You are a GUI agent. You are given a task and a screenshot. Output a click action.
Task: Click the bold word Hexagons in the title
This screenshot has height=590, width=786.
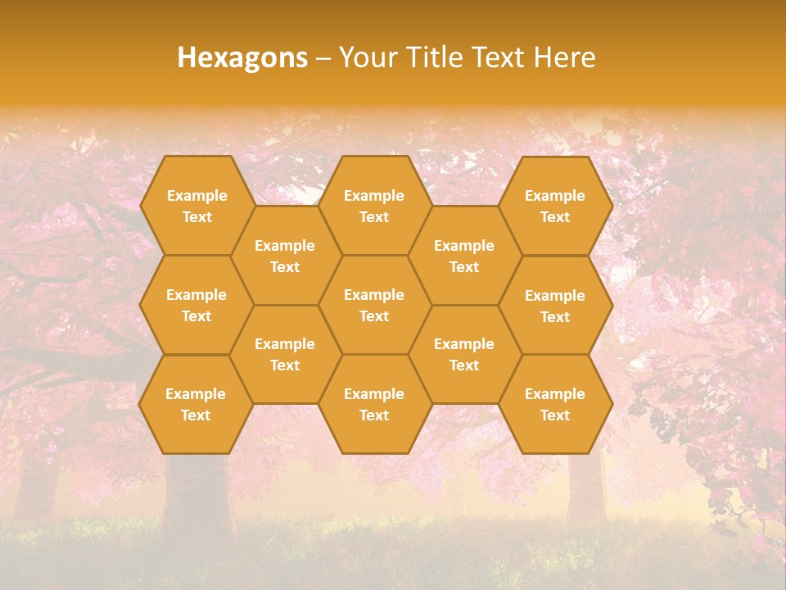(242, 57)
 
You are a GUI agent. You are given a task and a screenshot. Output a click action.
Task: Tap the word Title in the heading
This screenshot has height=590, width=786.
(431, 57)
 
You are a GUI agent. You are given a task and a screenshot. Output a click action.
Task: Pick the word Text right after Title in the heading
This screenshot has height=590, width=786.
(498, 57)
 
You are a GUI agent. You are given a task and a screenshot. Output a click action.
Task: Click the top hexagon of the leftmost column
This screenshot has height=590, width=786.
(196, 206)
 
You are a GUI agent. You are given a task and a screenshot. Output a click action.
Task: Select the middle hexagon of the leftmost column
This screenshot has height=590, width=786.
(196, 305)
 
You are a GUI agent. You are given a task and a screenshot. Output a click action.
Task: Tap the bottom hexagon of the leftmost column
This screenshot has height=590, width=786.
(196, 404)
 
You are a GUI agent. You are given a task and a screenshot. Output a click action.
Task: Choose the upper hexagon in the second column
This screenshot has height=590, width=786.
(285, 256)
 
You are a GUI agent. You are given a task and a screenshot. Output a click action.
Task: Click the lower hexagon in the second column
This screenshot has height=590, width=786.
(285, 354)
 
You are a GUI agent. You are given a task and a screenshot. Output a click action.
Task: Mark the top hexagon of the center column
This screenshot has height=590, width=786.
(374, 206)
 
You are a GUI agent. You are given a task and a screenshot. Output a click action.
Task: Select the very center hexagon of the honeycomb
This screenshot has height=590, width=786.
(374, 305)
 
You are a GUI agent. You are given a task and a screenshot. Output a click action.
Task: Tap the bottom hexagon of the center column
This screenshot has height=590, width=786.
(374, 404)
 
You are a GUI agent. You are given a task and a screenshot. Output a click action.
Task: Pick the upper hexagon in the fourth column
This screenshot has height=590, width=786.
(464, 256)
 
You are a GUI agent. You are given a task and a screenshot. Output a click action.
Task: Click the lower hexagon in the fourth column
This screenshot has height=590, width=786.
(464, 354)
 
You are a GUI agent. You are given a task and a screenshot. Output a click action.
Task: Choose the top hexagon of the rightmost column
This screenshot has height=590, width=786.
(555, 206)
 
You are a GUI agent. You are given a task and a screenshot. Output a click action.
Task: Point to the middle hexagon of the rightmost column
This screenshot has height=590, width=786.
(555, 306)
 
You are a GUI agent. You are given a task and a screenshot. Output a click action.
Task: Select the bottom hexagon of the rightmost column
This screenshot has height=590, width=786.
(555, 404)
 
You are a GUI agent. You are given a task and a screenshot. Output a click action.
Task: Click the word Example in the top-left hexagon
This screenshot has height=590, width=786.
(196, 196)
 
